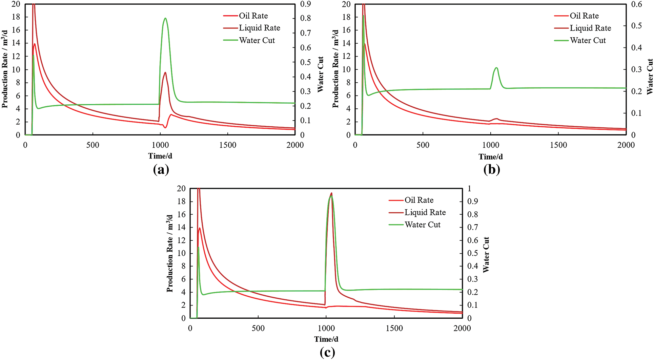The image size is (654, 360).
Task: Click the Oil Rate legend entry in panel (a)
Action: click(253, 16)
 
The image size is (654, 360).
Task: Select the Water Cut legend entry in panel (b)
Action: click(588, 40)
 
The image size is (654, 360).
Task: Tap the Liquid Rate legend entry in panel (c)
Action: click(425, 212)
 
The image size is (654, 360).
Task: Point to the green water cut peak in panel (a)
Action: click(165, 18)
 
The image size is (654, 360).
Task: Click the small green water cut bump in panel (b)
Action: click(496, 68)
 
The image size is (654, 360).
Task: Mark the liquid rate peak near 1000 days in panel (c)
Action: click(331, 193)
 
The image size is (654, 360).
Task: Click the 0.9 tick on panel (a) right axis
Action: click(305, 4)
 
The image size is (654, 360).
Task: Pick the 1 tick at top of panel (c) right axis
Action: click(469, 188)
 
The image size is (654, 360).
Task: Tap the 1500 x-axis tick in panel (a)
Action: click(227, 145)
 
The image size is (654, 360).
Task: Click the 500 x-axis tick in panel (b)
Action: click(423, 145)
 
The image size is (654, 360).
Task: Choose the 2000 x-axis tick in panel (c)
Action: click(462, 328)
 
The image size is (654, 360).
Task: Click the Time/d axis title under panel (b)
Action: click(491, 156)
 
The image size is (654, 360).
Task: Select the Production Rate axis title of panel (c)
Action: click(169, 253)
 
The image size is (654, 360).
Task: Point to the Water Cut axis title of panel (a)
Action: click(320, 75)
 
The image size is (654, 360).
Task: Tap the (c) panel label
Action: click(327, 353)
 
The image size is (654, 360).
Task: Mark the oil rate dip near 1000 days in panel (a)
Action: click(165, 127)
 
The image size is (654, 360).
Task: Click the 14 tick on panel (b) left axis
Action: click(346, 43)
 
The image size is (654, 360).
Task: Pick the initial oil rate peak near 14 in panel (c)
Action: click(200, 228)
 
